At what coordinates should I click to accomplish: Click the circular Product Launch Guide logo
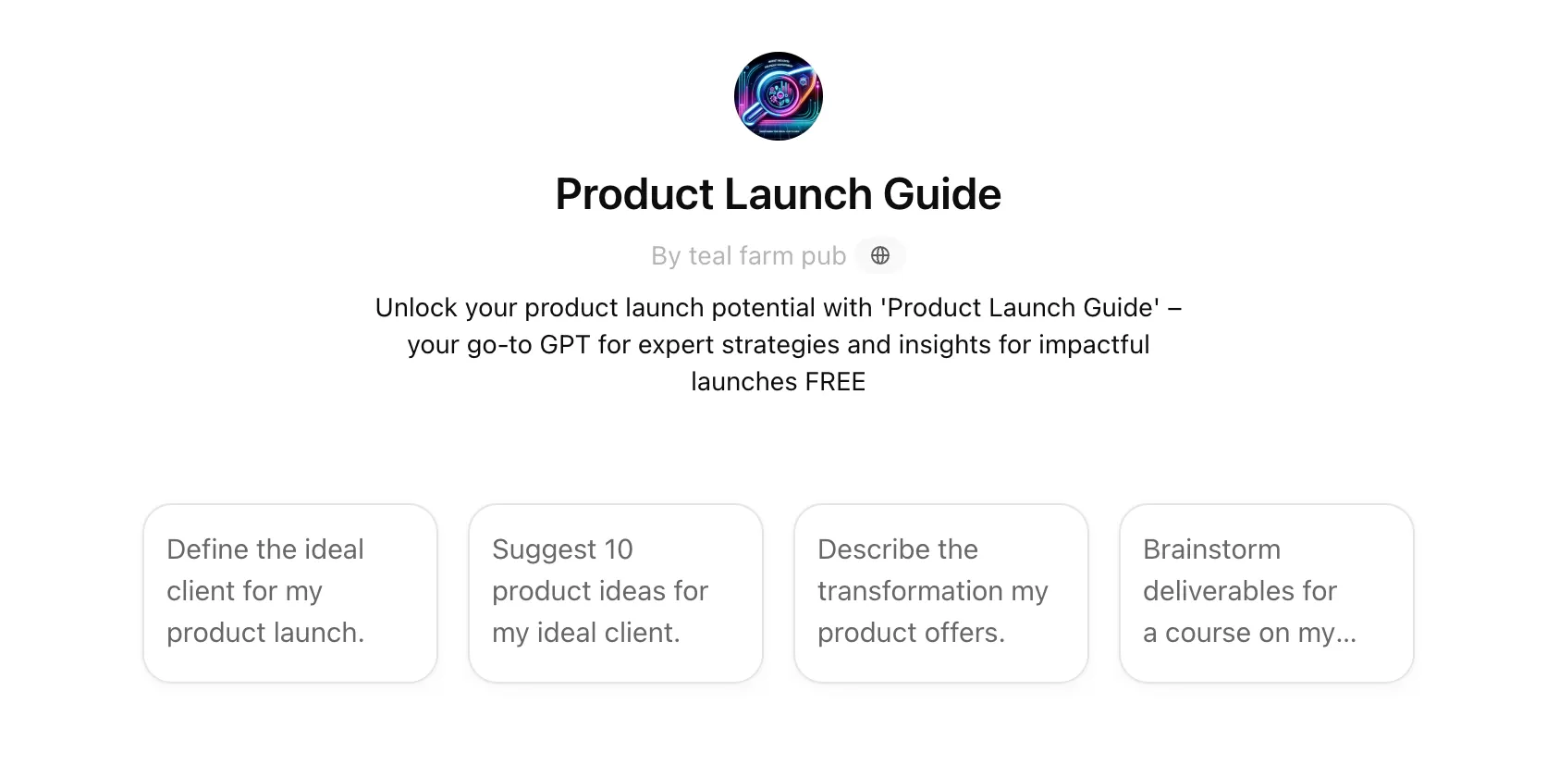[778, 96]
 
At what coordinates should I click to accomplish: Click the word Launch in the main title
[798, 193]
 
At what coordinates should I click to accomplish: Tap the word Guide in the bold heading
[942, 193]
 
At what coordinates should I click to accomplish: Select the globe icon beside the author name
[880, 255]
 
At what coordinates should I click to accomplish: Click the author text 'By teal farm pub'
[748, 255]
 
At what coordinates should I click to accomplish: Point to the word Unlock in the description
[416, 307]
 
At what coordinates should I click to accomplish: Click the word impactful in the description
[1094, 345]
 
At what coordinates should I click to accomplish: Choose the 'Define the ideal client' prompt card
[290, 593]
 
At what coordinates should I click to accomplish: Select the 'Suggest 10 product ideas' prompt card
[616, 593]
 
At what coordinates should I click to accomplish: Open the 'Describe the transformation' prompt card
[941, 593]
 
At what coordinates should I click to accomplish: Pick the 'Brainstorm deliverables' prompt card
[1267, 593]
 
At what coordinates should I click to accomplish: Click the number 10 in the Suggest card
[618, 549]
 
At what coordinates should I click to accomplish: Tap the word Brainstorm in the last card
[1211, 549]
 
